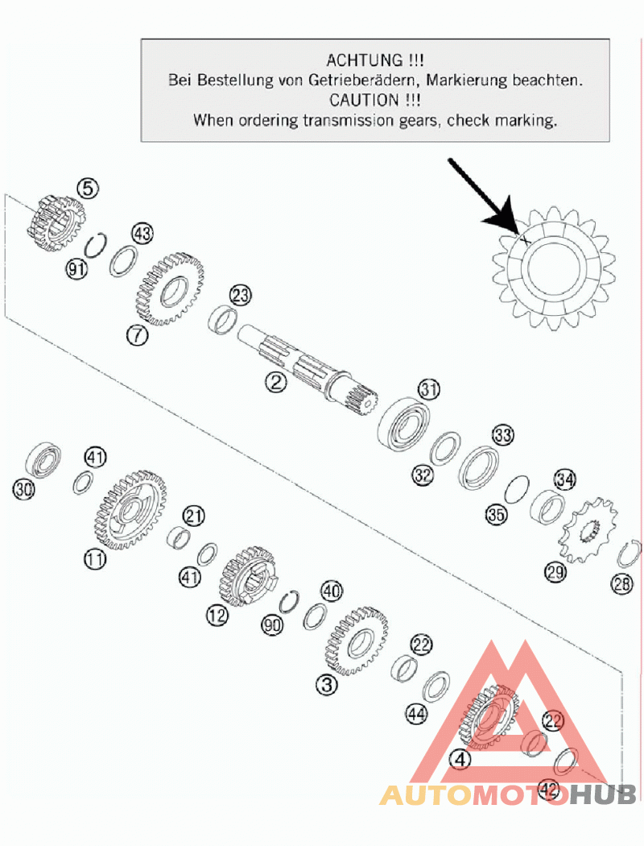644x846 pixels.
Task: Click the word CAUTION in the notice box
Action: (365, 100)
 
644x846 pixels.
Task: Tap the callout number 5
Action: (89, 189)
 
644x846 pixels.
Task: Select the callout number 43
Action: (142, 234)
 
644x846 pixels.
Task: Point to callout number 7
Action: (137, 335)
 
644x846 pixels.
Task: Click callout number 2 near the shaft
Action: (276, 382)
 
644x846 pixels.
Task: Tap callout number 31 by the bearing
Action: (429, 388)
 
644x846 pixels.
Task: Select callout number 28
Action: (622, 583)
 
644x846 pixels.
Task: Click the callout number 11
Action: (95, 559)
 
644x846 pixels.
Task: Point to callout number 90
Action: (272, 624)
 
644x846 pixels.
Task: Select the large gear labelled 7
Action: (168, 289)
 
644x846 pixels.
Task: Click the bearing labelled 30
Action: (43, 459)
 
